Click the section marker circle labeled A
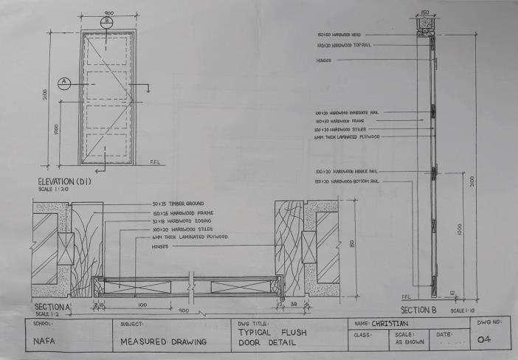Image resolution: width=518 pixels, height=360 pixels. [x=64, y=82]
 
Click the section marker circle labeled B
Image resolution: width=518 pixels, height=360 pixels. [x=108, y=21]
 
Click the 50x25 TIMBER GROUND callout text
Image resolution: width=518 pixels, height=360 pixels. [x=177, y=203]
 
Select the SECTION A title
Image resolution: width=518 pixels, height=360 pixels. [x=51, y=307]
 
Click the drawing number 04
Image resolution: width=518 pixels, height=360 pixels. [x=485, y=340]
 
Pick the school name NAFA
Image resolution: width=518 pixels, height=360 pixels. [x=45, y=342]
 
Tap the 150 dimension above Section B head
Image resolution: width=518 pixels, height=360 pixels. [x=425, y=13]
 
